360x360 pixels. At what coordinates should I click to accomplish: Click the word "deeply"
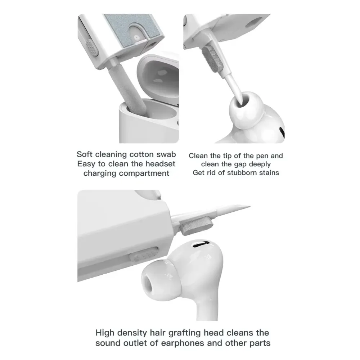coord(260,165)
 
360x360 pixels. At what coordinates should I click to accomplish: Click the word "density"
coord(132,333)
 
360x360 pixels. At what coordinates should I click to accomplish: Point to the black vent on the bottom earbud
coord(201,244)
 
